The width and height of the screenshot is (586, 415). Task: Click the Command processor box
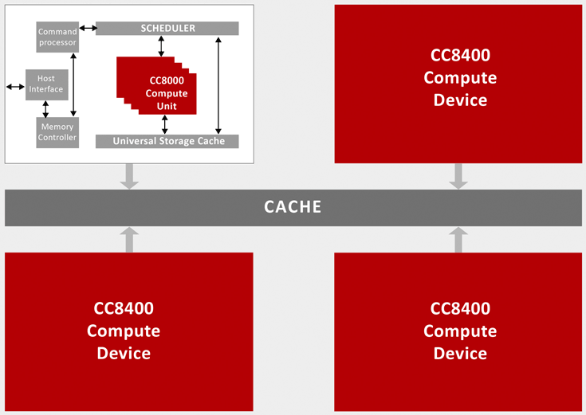[57, 37]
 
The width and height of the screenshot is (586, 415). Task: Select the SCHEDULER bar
[167, 29]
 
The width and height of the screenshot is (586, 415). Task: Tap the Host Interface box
[47, 84]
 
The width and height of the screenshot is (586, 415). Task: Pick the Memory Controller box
[57, 132]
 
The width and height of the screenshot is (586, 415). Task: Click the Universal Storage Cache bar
[167, 141]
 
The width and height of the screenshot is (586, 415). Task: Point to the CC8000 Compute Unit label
[167, 93]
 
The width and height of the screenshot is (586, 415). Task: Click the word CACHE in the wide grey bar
[293, 207]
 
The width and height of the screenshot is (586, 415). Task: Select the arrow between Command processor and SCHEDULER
[88, 28]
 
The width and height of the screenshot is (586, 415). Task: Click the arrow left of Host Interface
[15, 87]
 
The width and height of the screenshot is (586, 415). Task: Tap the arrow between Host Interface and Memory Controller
[45, 109]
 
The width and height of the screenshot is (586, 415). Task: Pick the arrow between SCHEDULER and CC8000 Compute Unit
[161, 46]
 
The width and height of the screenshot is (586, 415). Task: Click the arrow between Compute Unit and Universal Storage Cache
[164, 124]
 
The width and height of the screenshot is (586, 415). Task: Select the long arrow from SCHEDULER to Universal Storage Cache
[218, 85]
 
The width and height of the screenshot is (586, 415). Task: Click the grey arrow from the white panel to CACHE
[129, 176]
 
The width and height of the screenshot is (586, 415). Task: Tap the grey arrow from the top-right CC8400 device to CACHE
[458, 176]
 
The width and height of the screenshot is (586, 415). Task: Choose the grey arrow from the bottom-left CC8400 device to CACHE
[129, 240]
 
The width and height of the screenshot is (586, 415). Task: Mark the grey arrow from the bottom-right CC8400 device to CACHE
[458, 240]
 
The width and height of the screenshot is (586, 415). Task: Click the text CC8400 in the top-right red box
[460, 55]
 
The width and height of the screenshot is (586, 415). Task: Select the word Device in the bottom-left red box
[124, 354]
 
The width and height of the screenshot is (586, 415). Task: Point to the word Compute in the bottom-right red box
[460, 331]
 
